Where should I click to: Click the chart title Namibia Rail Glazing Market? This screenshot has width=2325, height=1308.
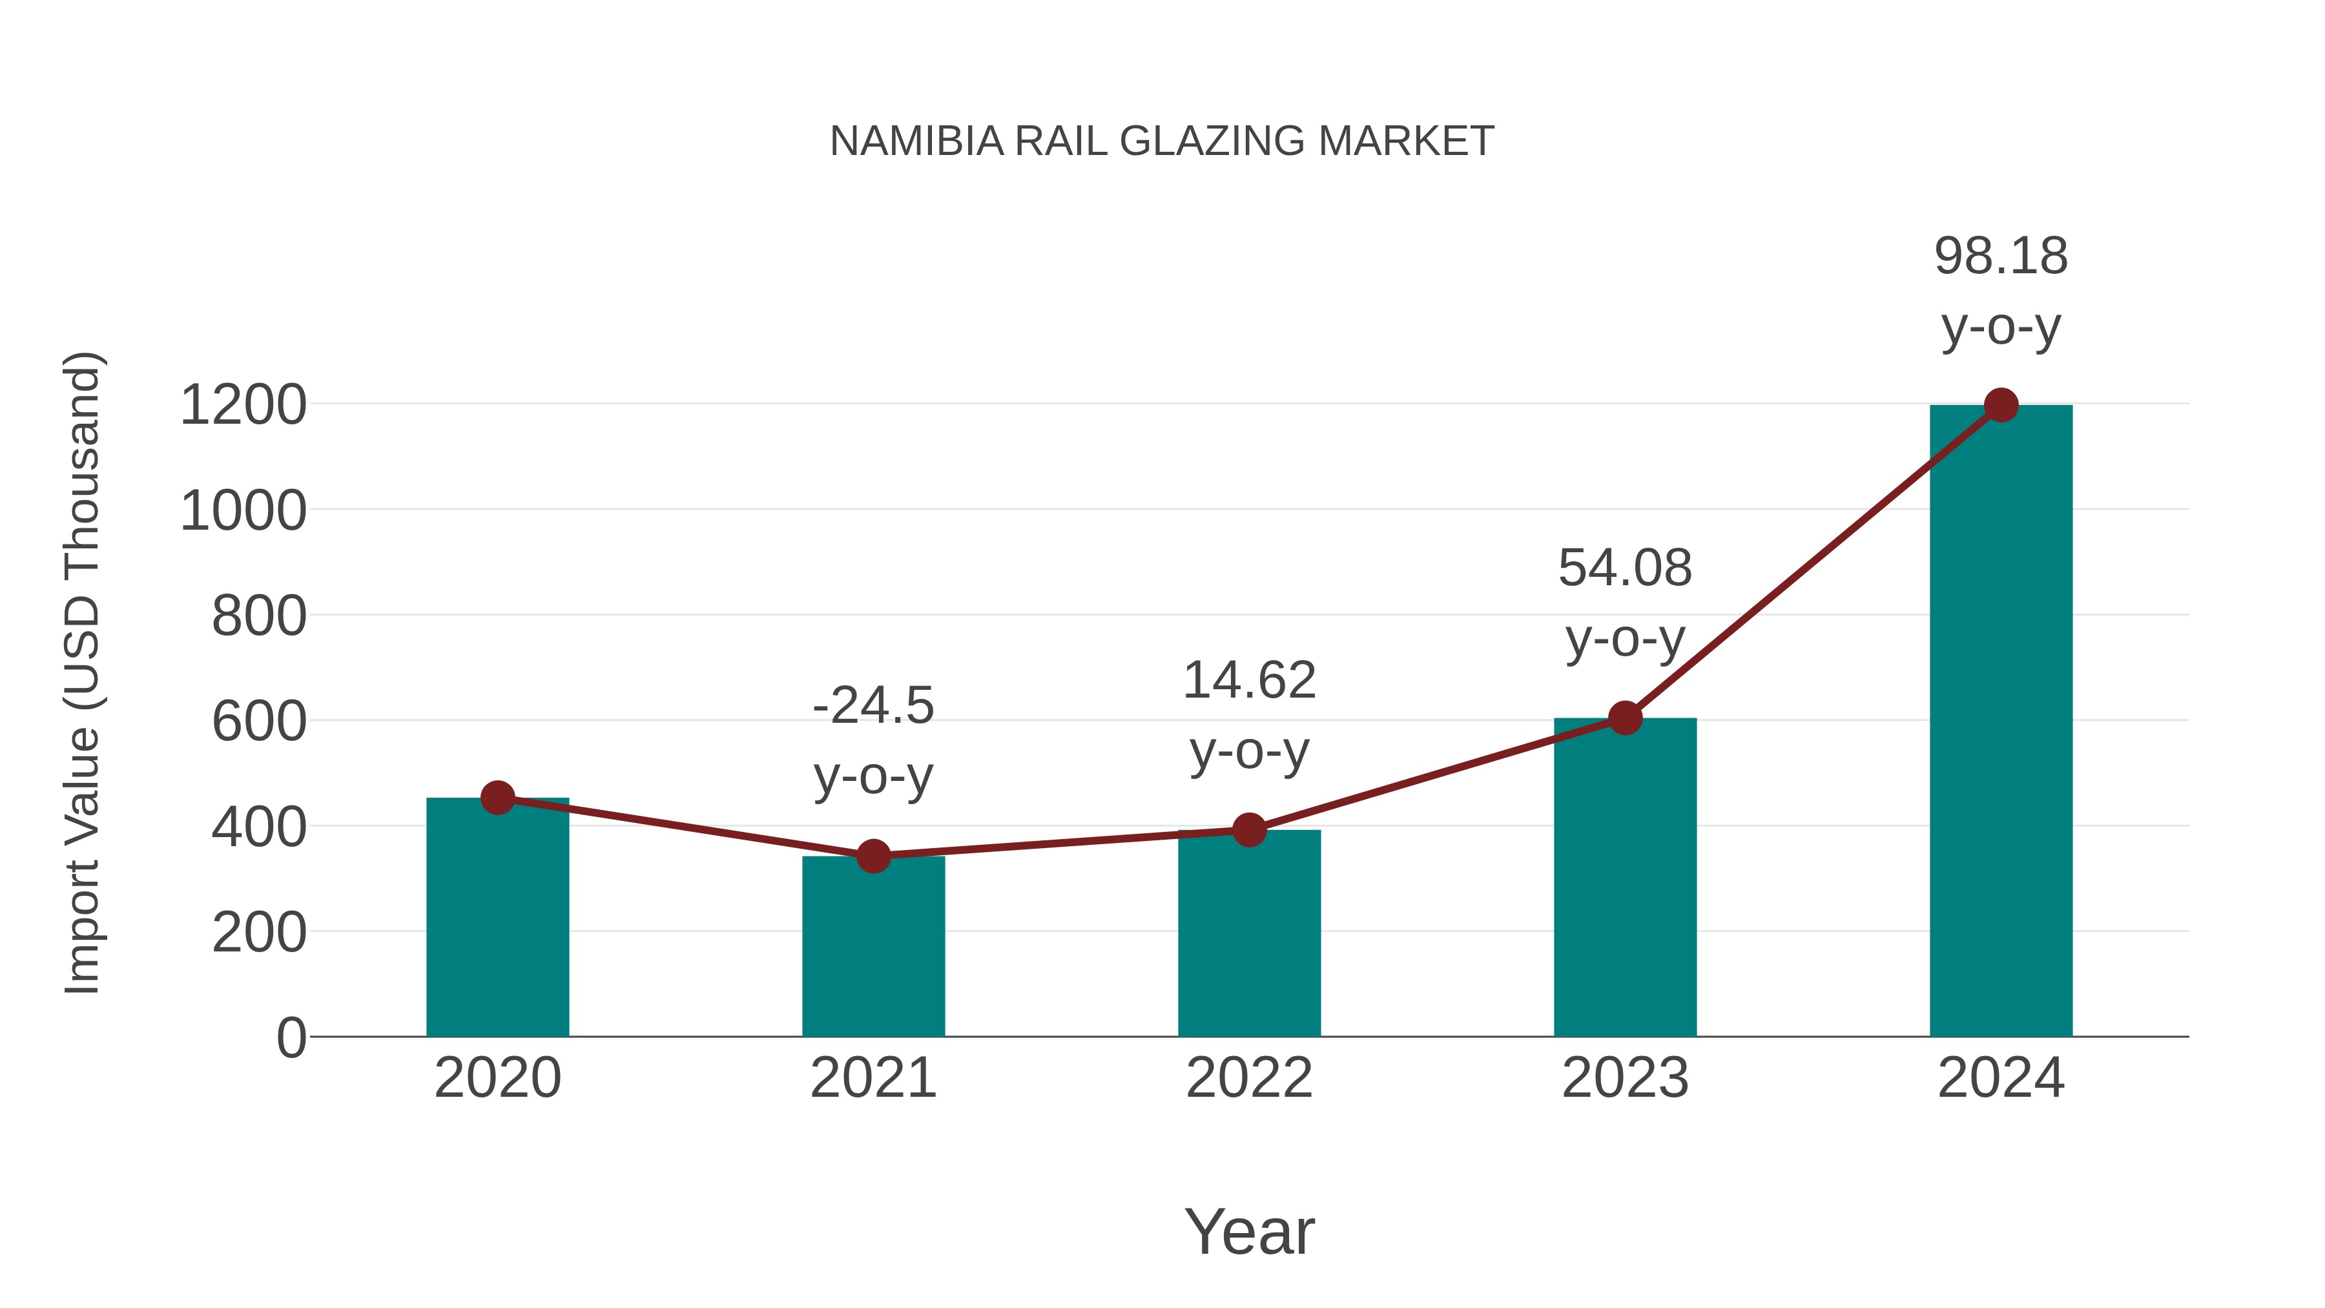1162,141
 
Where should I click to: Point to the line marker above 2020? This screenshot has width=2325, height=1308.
497,798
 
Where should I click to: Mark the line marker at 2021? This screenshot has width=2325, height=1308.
873,856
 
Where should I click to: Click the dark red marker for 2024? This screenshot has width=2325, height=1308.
2001,405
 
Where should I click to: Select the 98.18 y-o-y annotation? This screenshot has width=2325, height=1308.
2001,291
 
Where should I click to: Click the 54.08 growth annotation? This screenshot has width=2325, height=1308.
1625,603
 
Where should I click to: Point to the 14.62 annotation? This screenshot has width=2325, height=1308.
1249,715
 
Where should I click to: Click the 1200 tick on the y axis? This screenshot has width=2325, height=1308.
243,405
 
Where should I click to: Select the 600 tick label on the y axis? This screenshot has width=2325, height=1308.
259,722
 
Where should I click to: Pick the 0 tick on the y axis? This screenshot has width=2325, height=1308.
291,1038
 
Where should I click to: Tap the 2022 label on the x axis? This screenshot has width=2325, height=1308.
1249,1078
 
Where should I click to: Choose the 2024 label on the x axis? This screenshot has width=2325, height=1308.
2001,1078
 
